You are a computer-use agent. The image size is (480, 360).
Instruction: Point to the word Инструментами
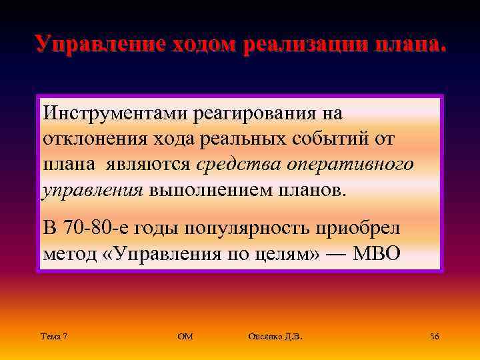tap(106, 113)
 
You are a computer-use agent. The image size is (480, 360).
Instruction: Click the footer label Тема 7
tap(53, 337)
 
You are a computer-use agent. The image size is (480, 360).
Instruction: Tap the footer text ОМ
tap(185, 337)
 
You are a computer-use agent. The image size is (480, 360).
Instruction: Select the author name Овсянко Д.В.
tap(275, 337)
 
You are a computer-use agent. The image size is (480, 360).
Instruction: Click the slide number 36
tap(434, 337)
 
